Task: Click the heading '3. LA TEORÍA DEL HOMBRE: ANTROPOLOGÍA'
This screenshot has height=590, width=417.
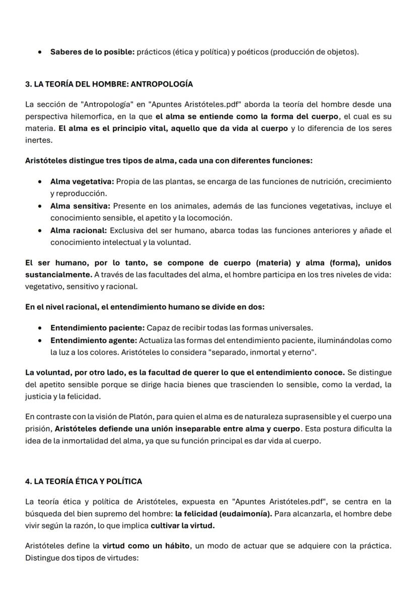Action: (x=109, y=84)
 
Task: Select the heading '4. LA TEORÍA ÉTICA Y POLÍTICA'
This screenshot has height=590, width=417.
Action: (x=84, y=481)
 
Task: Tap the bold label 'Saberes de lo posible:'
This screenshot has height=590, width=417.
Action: (x=92, y=52)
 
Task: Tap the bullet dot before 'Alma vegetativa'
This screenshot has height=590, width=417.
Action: (x=40, y=181)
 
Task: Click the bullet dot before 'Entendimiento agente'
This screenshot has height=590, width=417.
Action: (x=40, y=340)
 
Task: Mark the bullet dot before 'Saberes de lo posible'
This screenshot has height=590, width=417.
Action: (x=40, y=52)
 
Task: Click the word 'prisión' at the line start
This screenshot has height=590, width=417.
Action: (x=38, y=429)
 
